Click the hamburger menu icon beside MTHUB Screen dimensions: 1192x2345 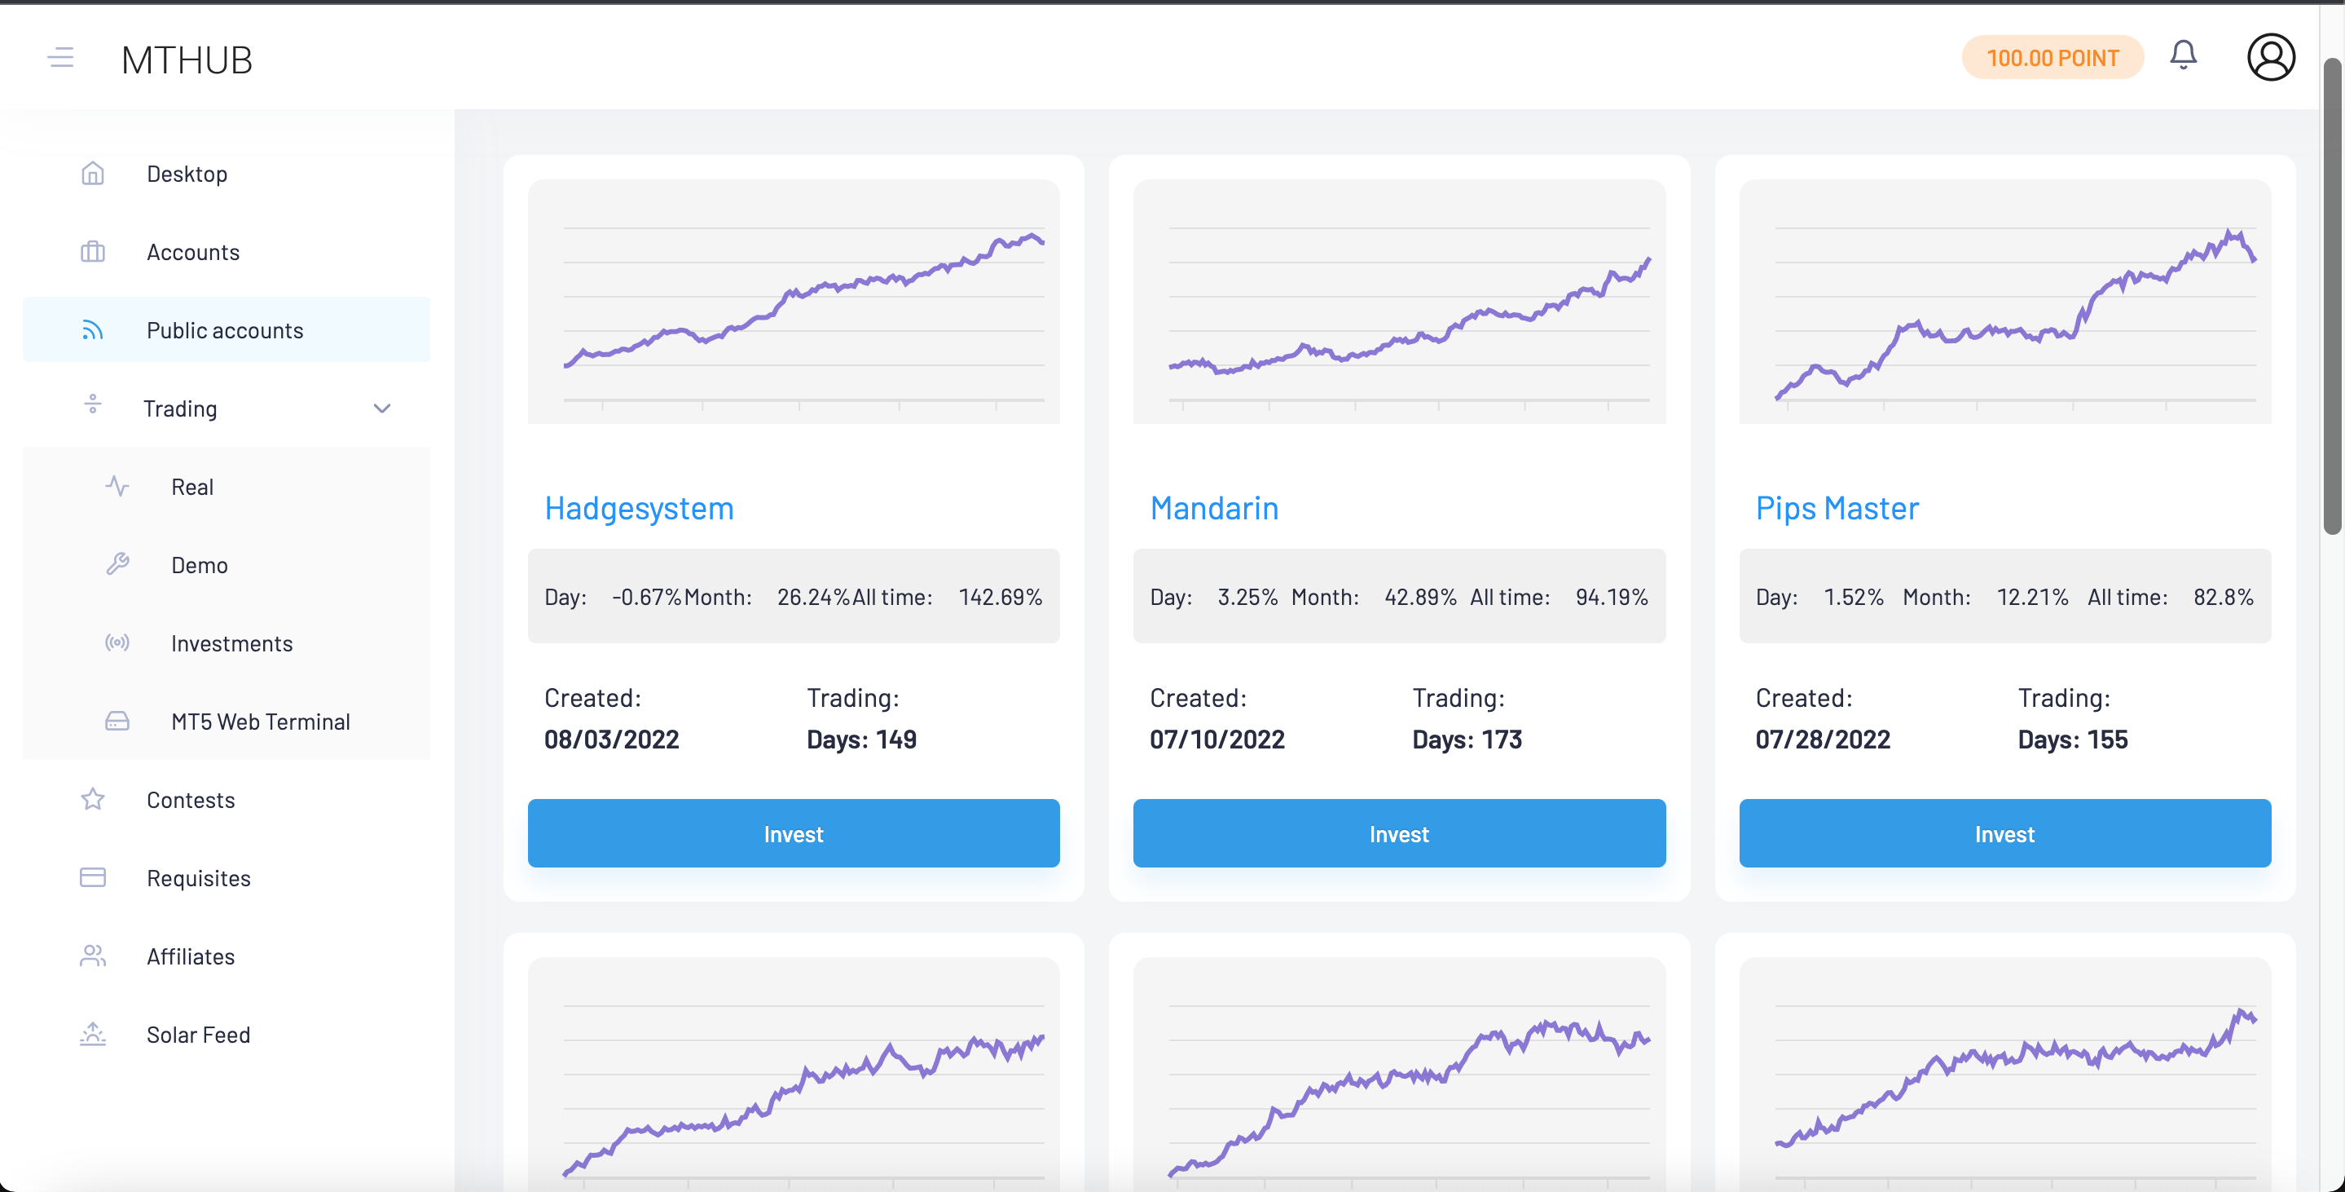point(61,58)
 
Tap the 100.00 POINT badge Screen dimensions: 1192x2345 point(2052,58)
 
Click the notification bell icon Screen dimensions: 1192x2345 point(2183,55)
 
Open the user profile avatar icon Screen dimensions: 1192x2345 point(2270,57)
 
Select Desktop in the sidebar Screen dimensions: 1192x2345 point(187,174)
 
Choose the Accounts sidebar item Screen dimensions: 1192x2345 point(193,252)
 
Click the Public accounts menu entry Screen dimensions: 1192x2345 point(225,330)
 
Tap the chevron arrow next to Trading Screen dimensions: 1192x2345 point(382,408)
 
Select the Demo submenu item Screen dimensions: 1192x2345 point(200,566)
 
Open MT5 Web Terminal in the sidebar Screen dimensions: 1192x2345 point(261,722)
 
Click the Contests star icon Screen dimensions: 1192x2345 point(93,800)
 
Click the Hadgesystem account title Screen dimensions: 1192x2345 point(639,508)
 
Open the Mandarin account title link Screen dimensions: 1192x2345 point(1213,508)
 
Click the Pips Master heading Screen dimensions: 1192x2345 point(1837,508)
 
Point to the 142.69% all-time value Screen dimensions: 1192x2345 point(1000,598)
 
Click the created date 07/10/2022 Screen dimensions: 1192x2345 point(1217,739)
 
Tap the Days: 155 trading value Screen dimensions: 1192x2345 point(2072,739)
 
